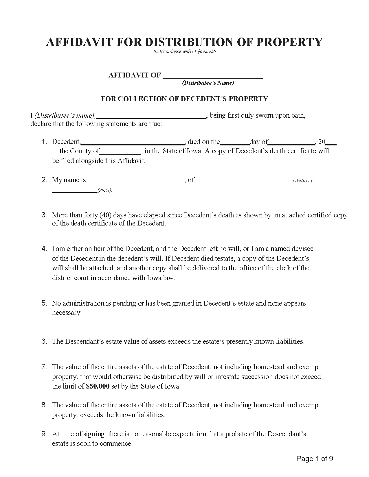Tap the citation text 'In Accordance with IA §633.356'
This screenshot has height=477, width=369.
tap(184, 52)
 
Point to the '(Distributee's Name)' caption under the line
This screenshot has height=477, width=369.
tap(208, 83)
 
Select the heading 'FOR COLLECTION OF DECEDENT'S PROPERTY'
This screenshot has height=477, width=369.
tap(184, 99)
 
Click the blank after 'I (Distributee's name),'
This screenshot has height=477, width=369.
tap(151, 116)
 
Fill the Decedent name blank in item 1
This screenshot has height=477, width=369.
tap(133, 142)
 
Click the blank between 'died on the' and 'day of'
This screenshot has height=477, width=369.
tap(235, 142)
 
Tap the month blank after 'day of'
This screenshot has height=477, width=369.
tap(291, 142)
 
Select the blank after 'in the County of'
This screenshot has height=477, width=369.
tap(120, 151)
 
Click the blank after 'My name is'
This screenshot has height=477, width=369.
tap(135, 181)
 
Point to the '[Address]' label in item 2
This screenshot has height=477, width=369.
tap(303, 181)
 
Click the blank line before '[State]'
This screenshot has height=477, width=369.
tap(74, 191)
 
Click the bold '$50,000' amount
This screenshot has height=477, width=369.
tap(98, 386)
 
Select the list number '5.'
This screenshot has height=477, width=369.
tap(44, 303)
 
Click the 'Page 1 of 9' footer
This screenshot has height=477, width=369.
tap(315, 459)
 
